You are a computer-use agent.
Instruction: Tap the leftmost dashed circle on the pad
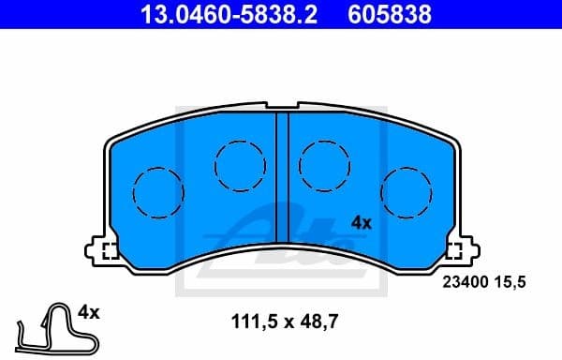[x=156, y=192]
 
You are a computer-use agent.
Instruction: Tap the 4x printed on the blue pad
[x=362, y=223]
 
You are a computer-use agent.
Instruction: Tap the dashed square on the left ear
[x=109, y=250]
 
